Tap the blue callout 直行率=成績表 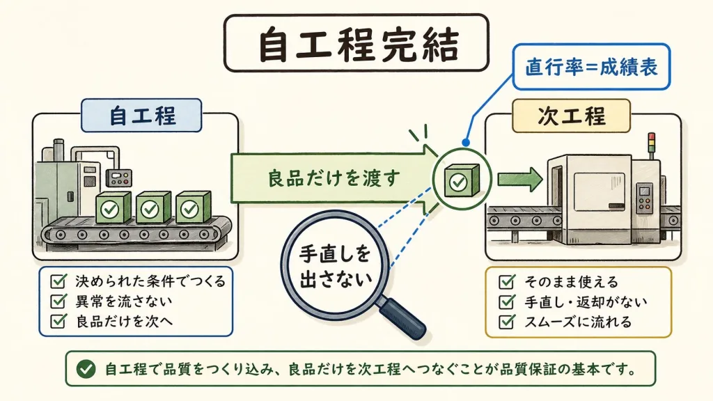click(x=592, y=68)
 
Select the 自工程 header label click(x=142, y=116)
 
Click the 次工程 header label click(x=572, y=116)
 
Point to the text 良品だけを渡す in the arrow click(x=334, y=178)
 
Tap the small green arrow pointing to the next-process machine click(x=520, y=179)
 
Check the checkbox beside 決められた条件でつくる click(x=58, y=281)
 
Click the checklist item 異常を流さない click(x=124, y=301)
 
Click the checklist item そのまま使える click(x=571, y=282)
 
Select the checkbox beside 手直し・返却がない click(x=507, y=301)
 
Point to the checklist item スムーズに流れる click(x=578, y=322)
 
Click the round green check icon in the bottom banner click(x=86, y=369)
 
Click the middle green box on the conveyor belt click(x=153, y=207)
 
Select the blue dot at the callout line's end click(x=466, y=142)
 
